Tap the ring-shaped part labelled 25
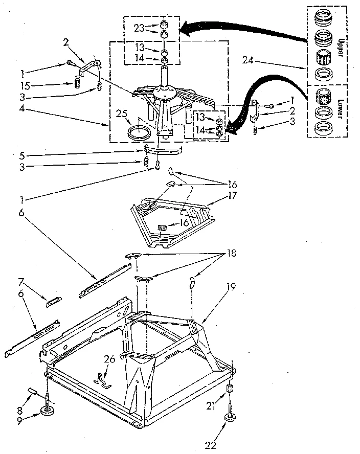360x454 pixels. point(139,134)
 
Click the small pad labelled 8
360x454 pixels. point(35,391)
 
